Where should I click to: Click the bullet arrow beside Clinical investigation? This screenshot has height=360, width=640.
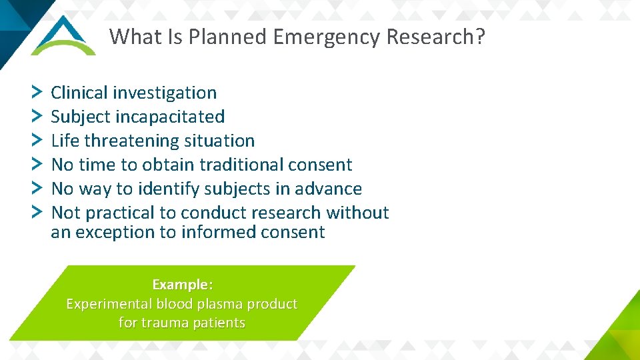pos(37,91)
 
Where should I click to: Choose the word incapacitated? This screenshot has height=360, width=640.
pos(170,117)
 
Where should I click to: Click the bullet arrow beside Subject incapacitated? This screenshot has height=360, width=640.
pos(37,115)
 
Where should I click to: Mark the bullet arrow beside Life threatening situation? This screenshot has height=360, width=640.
pos(37,139)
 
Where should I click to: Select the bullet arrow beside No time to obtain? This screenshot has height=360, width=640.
pos(37,163)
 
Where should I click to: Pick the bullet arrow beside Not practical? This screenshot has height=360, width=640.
pos(37,211)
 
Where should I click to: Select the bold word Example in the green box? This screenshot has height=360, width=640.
pos(180,285)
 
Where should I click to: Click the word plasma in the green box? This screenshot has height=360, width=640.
pos(221,304)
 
